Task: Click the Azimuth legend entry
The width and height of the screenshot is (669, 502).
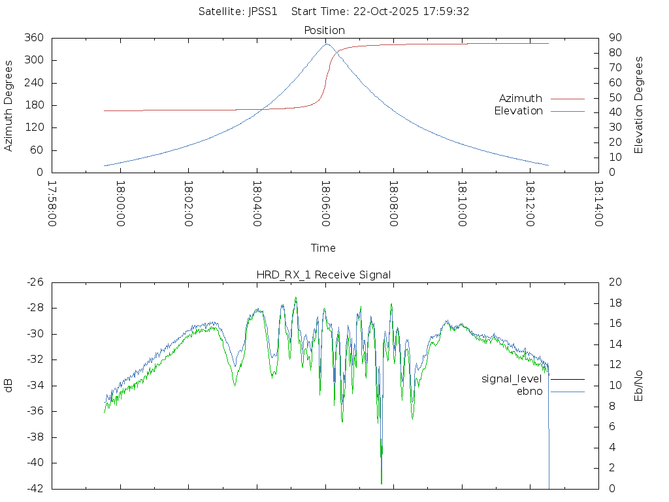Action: point(521,99)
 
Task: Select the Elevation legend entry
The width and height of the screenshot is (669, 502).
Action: point(518,111)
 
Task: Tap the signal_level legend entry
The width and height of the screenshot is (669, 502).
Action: point(512,379)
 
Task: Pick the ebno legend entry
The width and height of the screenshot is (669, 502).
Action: point(529,392)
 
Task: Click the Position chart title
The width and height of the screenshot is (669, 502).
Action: point(324,31)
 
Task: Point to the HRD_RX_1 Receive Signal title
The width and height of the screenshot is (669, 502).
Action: point(323,275)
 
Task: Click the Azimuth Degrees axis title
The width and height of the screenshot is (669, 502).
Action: point(8,105)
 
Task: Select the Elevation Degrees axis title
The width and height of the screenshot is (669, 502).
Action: point(639,105)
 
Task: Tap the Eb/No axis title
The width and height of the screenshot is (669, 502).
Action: point(639,385)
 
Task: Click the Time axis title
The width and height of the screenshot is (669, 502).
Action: point(323,248)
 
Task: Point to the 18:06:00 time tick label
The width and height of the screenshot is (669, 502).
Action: point(325,204)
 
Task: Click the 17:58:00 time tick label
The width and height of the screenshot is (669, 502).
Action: point(52,204)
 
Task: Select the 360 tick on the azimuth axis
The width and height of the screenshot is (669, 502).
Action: point(33,38)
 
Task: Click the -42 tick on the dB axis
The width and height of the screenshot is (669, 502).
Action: point(33,488)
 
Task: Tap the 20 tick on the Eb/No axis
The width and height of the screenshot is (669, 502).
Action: point(614,282)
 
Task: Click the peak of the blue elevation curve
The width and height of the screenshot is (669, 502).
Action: point(327,44)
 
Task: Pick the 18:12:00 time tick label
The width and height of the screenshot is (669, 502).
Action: point(530,204)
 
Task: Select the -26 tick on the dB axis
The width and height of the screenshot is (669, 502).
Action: point(33,282)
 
